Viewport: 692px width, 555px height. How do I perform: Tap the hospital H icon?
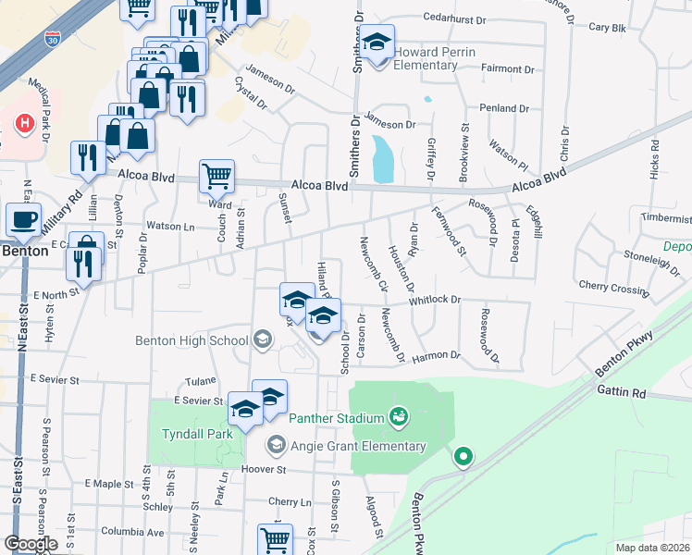[25, 121]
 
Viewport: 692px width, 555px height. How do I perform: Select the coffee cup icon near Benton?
[24, 220]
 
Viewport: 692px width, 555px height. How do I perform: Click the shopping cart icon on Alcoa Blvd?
[216, 174]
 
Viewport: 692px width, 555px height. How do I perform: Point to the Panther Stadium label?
[336, 418]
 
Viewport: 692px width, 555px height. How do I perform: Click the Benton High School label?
[192, 339]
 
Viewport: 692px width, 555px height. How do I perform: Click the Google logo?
[31, 543]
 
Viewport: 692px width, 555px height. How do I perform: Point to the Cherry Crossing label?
[613, 289]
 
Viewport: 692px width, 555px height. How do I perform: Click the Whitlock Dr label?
[434, 299]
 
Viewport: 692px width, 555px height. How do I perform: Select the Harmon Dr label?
[437, 355]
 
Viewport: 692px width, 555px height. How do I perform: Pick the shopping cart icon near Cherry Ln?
[275, 539]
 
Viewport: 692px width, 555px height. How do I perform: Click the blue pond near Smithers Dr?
[381, 159]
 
